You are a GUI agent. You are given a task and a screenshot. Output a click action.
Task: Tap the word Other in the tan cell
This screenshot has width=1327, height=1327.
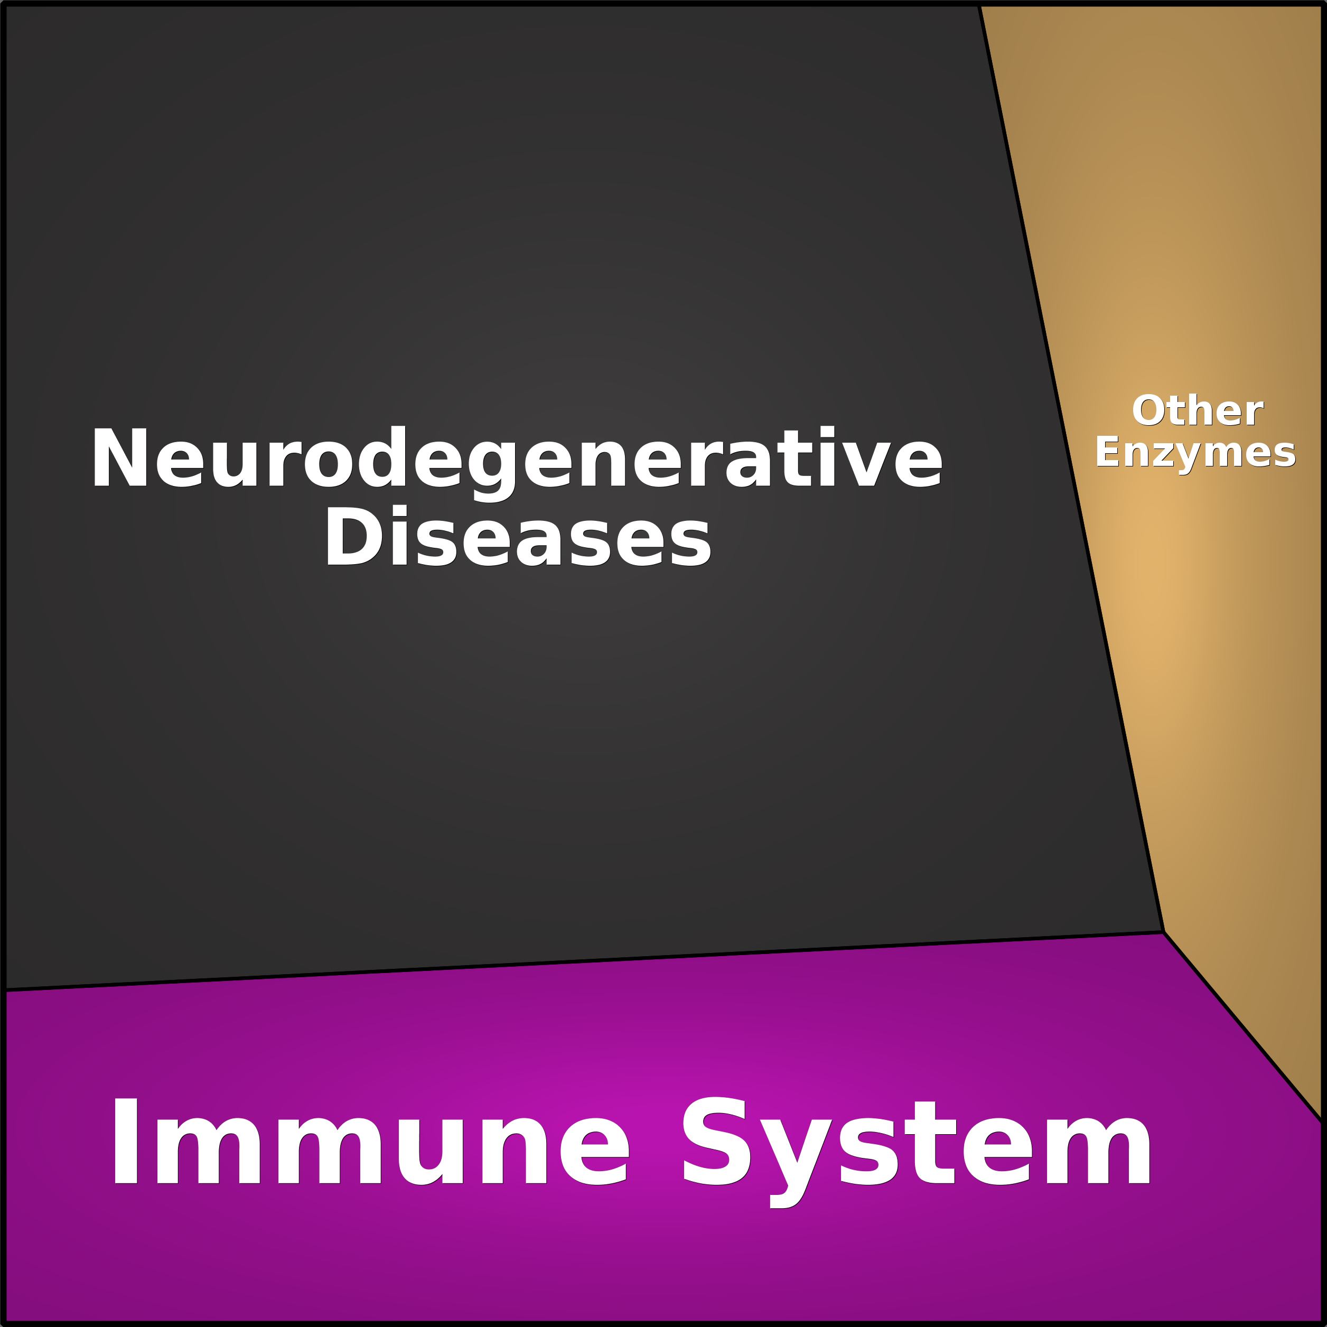click(1197, 411)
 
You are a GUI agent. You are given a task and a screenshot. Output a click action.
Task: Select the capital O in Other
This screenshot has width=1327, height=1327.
click(1148, 411)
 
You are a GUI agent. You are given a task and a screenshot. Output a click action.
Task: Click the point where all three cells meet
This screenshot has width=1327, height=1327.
click(1164, 932)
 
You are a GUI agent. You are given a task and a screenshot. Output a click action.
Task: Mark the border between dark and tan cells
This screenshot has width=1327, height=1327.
click(1071, 469)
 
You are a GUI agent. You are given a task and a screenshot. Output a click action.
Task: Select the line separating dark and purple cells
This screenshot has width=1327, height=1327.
click(584, 961)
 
